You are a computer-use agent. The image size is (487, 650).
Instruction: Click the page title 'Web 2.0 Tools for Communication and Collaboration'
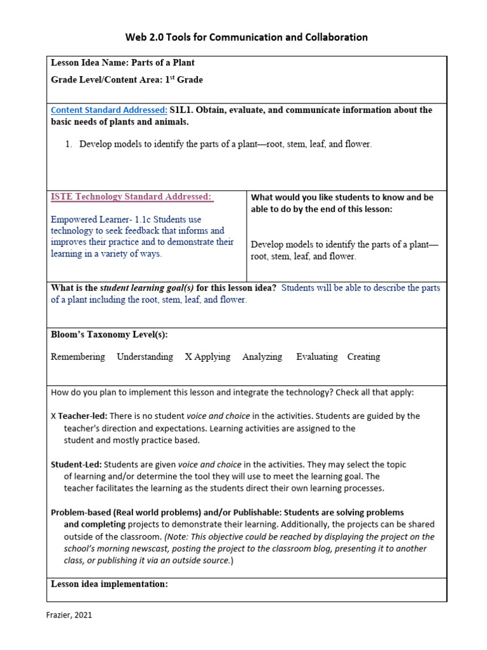[x=246, y=37]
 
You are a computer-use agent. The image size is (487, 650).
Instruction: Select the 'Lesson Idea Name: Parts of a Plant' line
[x=122, y=63]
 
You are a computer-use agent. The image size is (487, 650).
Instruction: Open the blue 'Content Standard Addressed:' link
[x=108, y=110]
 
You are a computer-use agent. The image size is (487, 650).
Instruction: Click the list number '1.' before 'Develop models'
[x=70, y=144]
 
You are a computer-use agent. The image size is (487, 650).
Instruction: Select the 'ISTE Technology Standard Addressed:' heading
[x=131, y=197]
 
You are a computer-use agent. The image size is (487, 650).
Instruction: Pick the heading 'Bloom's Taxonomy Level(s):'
[x=109, y=335]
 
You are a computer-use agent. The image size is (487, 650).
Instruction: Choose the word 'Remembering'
[x=78, y=357]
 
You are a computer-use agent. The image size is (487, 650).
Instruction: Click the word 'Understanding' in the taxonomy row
[x=145, y=357]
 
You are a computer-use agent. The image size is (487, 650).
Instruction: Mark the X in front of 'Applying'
[x=188, y=357]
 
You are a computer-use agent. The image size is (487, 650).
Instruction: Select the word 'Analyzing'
[x=262, y=357]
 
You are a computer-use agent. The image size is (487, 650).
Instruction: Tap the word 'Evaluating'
[x=316, y=357]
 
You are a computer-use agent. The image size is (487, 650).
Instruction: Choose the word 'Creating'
[x=363, y=357]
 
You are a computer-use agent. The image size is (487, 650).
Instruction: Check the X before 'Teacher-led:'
[x=53, y=416]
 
